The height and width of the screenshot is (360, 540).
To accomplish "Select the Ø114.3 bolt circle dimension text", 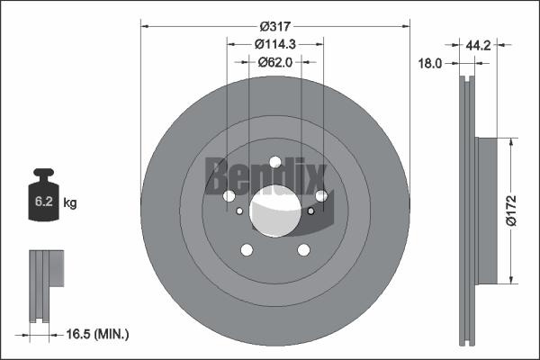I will point(275,44).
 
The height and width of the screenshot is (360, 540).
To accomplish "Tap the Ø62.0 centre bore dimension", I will point(275,62).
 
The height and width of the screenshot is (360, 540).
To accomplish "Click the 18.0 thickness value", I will point(432,63).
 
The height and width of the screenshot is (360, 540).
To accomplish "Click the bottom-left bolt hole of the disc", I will point(245,251).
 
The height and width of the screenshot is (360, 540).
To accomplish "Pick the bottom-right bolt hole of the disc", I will point(304,250).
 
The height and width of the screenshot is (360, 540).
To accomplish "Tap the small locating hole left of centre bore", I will point(238,212).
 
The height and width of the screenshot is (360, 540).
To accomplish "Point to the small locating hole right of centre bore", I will point(310,211).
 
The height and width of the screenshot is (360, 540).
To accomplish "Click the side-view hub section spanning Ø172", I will point(485,209).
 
